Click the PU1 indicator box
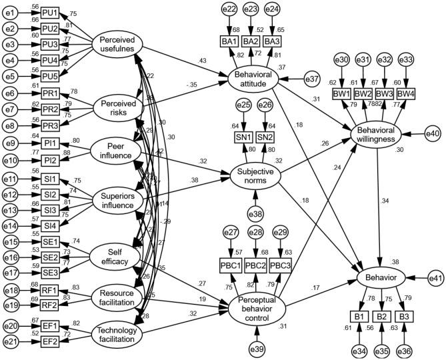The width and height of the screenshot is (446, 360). coord(49,13)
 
